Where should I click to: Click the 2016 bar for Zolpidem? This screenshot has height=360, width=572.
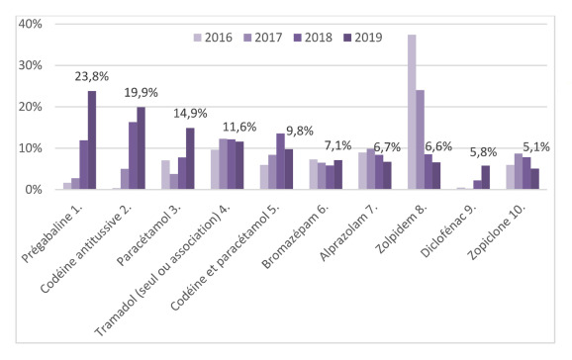pyautogui.click(x=412, y=112)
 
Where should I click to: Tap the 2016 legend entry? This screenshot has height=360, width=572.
pyautogui.click(x=213, y=38)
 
